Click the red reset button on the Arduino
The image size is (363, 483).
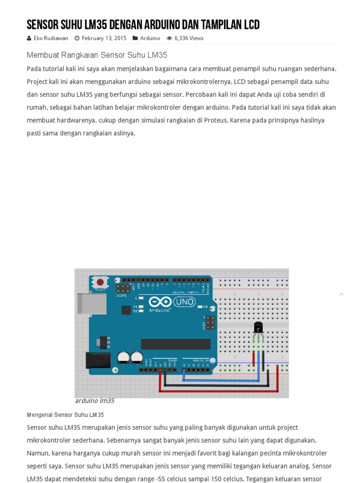coord(100,282)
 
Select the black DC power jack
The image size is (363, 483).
coord(97,360)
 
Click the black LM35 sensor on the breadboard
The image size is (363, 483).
coord(258,327)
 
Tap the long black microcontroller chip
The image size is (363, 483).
coord(175,344)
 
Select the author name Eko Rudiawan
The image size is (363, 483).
coord(51,38)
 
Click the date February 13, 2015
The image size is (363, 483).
coord(104,38)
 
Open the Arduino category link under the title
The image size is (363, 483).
coord(150,38)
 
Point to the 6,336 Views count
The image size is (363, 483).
coord(189,38)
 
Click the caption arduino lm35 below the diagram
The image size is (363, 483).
coord(95,401)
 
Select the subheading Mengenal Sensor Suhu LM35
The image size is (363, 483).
coord(65,415)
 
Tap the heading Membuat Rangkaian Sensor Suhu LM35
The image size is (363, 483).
coord(97,55)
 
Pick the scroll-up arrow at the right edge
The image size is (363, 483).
coord(341,294)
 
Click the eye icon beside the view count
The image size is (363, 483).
coord(169,38)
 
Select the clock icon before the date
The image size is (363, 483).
coord(77,38)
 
